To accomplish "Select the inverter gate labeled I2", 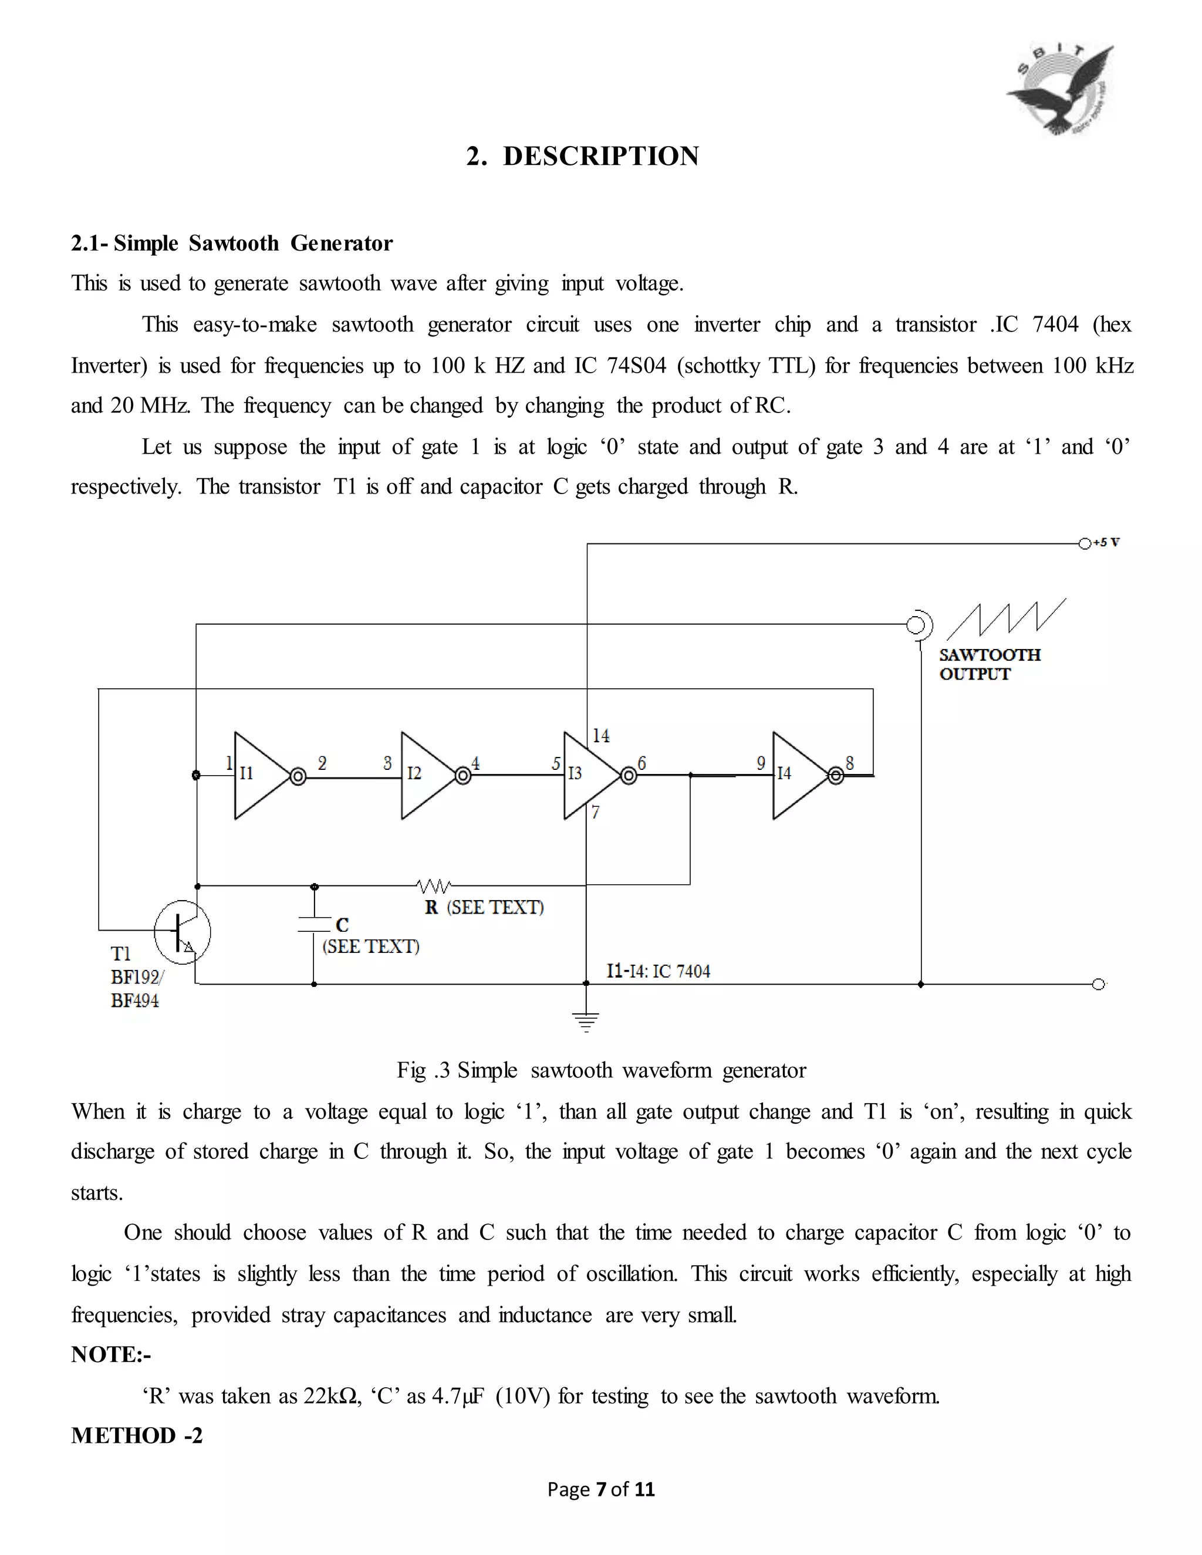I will click(x=426, y=775).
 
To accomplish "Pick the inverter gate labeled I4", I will click(x=798, y=775).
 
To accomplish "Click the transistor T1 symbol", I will click(x=183, y=931).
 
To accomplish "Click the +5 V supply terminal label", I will click(x=1106, y=543).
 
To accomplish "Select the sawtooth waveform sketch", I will click(x=1005, y=618).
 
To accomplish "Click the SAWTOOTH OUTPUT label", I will click(x=989, y=664).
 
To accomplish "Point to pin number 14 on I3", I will click(x=601, y=735).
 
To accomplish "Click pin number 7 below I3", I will click(x=595, y=812).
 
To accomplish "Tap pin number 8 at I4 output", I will click(x=849, y=763).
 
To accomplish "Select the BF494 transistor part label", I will click(x=134, y=1000).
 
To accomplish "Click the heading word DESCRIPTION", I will click(x=601, y=156).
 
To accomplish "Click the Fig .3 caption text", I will click(x=601, y=1070).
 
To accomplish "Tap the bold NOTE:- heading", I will click(x=111, y=1354).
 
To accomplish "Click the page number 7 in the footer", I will click(x=600, y=1489).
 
